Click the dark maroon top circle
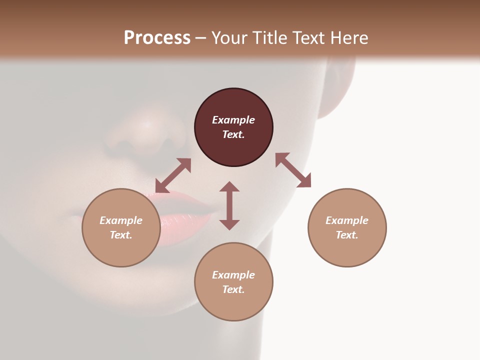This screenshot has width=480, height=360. pyautogui.click(x=233, y=127)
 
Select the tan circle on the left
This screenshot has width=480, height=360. pyautogui.click(x=121, y=227)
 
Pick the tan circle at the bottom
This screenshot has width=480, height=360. pyautogui.click(x=233, y=282)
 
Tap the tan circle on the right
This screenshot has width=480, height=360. pyautogui.click(x=347, y=227)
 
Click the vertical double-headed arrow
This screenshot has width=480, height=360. pyautogui.click(x=229, y=205)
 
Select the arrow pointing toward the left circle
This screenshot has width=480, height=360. pyautogui.click(x=173, y=175)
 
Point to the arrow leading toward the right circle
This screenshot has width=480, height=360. pyautogui.click(x=293, y=170)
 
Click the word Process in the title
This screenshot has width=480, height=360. pyautogui.click(x=157, y=37)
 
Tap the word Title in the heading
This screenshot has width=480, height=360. pyautogui.click(x=269, y=37)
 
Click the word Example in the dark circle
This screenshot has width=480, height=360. pyautogui.click(x=233, y=120)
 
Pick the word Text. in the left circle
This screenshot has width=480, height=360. pyautogui.click(x=121, y=235)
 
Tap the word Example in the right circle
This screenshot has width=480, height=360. pyautogui.click(x=347, y=220)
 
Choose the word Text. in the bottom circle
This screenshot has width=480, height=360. pyautogui.click(x=233, y=289)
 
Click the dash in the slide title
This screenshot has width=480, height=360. pyautogui.click(x=201, y=38)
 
